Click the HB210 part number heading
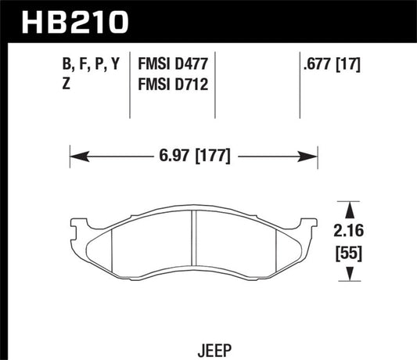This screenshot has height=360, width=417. [x=68, y=21]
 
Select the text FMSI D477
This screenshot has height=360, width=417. [x=168, y=67]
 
